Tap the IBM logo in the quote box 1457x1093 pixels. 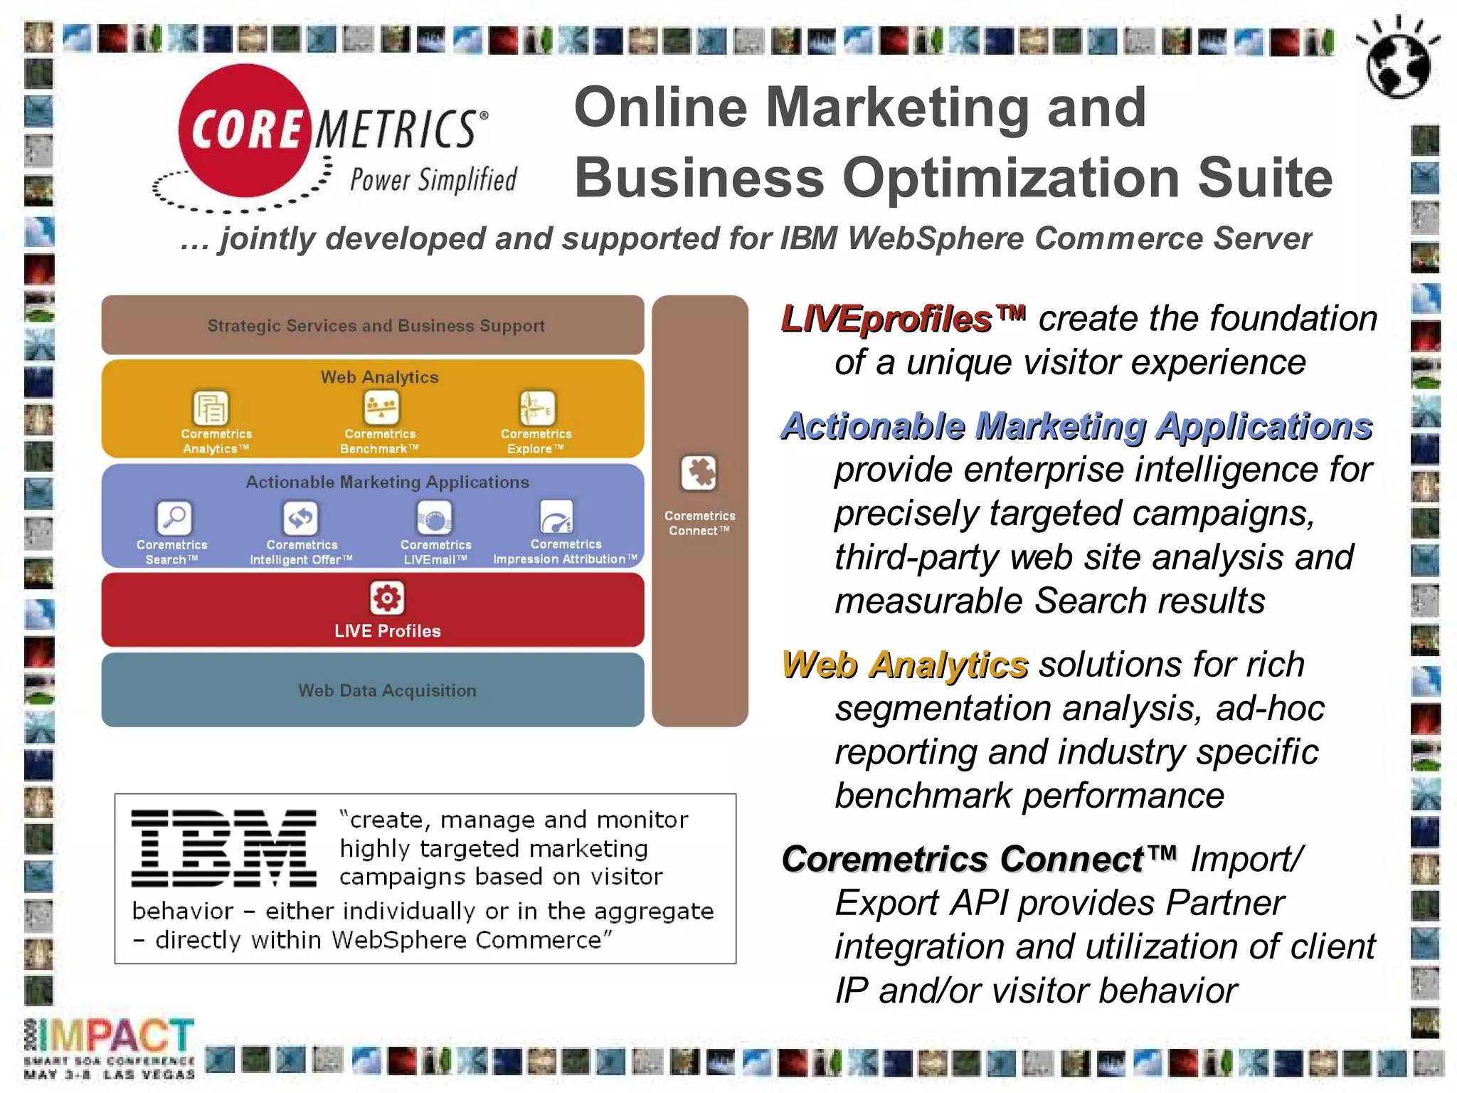(223, 848)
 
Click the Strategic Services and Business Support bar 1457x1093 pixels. (375, 326)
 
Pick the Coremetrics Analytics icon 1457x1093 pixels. (211, 408)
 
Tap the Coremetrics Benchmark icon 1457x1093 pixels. (381, 408)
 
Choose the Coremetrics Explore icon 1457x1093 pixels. (537, 408)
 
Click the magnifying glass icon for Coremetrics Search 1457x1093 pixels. (174, 517)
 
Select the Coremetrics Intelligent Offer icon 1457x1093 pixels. (300, 517)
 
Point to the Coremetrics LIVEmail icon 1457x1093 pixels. (434, 517)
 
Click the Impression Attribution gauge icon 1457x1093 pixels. (556, 517)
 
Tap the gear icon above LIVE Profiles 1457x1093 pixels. (387, 598)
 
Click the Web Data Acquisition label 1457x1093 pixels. (387, 690)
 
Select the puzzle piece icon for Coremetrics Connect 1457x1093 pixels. (699, 473)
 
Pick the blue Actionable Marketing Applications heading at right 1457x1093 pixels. (1076, 426)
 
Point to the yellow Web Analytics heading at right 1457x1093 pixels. (904, 665)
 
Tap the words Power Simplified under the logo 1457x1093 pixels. (433, 180)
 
